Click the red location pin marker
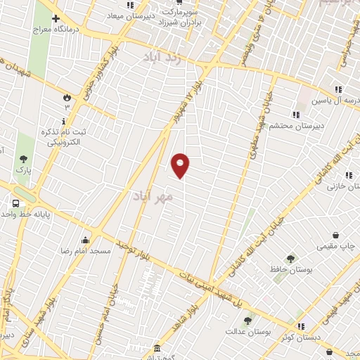tap(181, 165)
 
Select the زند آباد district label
tap(162, 58)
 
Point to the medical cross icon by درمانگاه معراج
tap(55, 18)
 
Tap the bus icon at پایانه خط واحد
tap(15, 204)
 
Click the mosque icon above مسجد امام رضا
tap(86, 240)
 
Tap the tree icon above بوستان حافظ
tap(290, 258)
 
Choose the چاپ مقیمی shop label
tap(337, 246)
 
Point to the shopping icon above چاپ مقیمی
tap(337, 235)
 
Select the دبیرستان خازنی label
tap(337, 196)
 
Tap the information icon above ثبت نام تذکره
tap(65, 121)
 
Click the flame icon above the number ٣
tap(67, 97)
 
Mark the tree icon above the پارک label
tap(24, 160)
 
